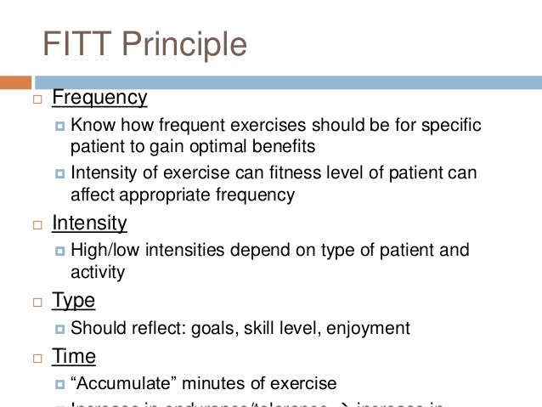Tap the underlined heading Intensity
pos(89,223)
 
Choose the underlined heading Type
pos(73,300)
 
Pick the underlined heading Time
pos(74,356)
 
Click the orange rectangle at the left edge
pos(15,82)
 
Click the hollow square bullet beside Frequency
pos(37,99)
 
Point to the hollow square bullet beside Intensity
pos(37,226)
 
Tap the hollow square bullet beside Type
pos(37,302)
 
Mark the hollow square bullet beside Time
pos(37,359)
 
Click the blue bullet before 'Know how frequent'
pos(59,126)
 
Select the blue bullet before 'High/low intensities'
pos(59,252)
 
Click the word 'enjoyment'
pos(370,327)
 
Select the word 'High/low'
pos(103,251)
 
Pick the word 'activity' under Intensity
pos(98,272)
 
